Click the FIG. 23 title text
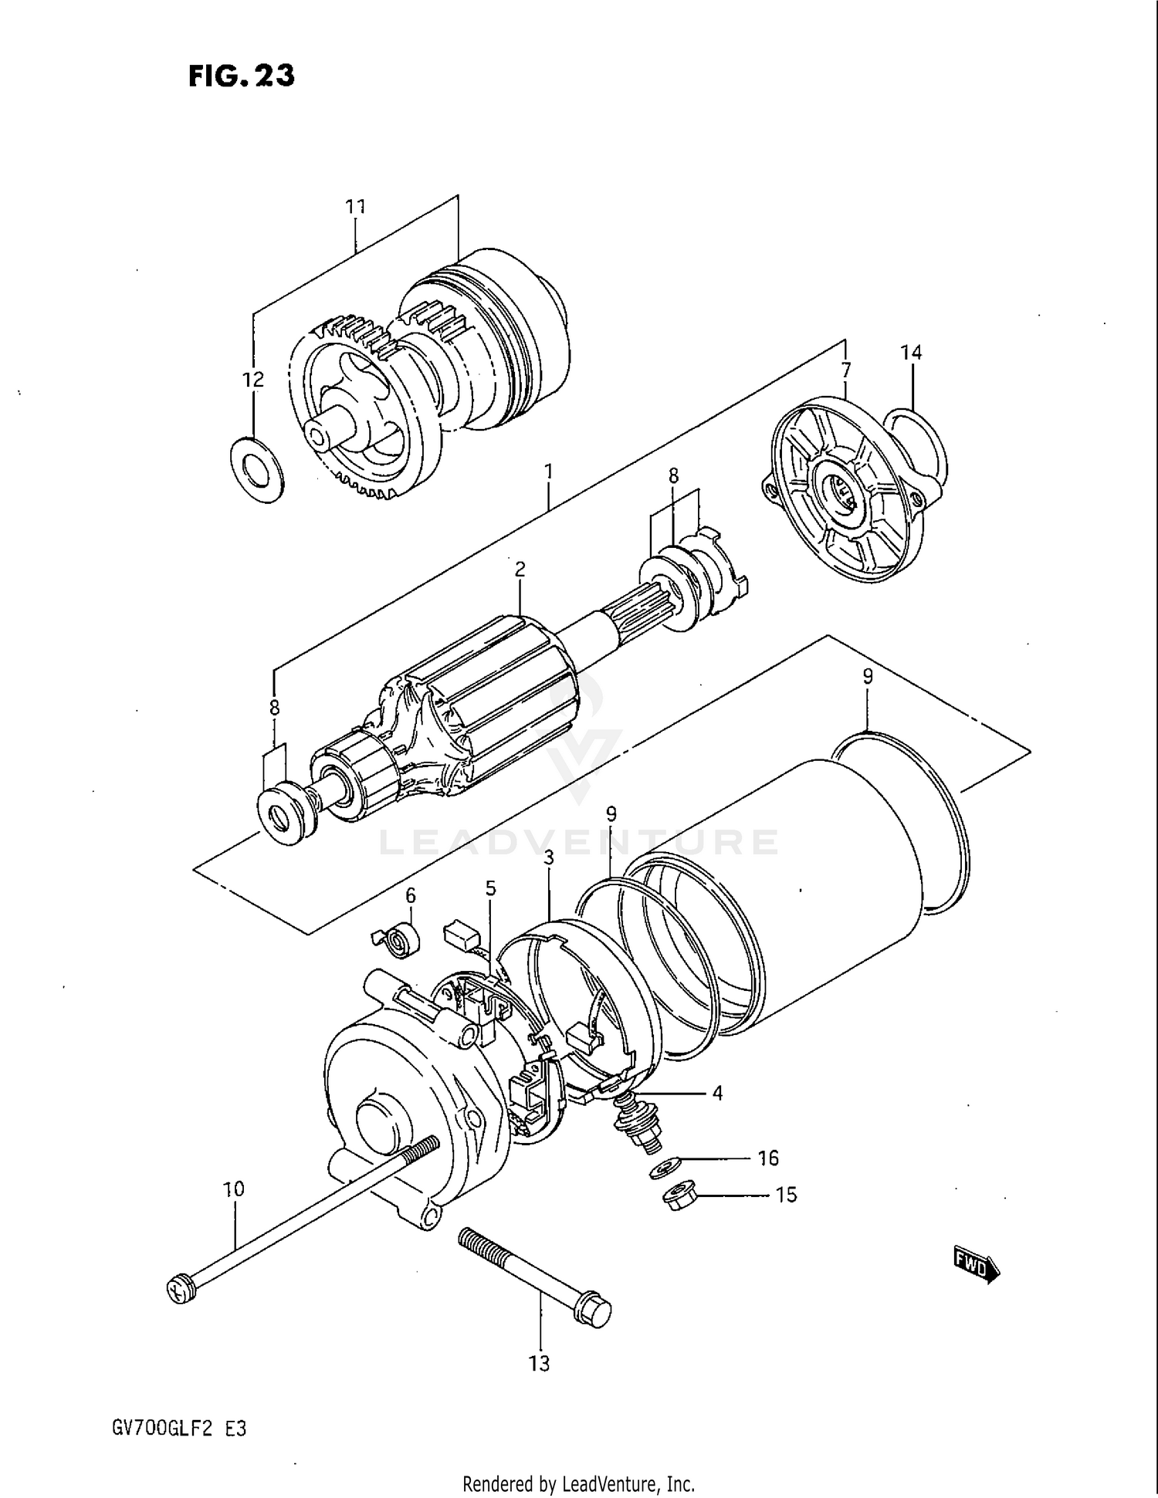click(x=241, y=76)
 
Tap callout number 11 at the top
click(x=355, y=207)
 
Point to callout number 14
click(x=910, y=353)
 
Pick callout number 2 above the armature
click(x=520, y=569)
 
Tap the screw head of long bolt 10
click(x=178, y=1289)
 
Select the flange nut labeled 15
click(x=680, y=1199)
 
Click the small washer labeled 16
click(x=665, y=1166)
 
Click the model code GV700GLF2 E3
click(x=179, y=1429)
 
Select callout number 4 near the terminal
click(x=717, y=1093)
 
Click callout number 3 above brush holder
click(x=549, y=857)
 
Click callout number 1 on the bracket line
click(x=548, y=470)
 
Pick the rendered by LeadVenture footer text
click(x=578, y=1483)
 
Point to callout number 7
click(x=846, y=371)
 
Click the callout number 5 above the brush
click(x=490, y=889)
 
